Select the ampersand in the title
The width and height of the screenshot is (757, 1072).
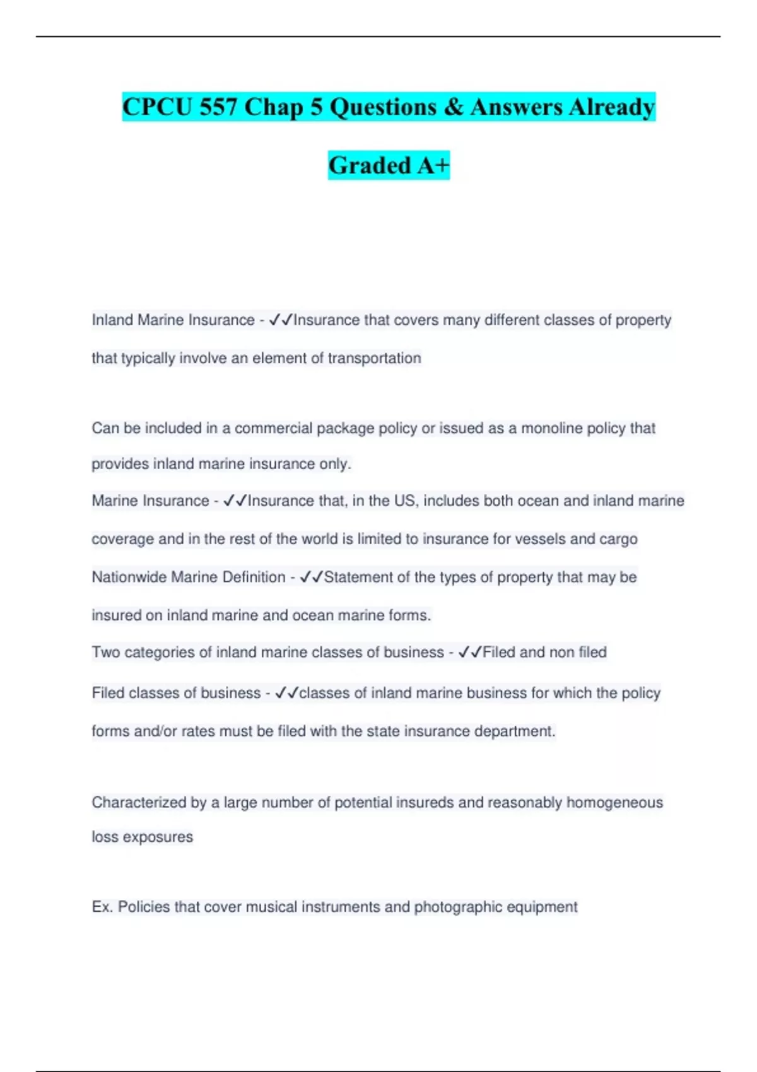pos(453,107)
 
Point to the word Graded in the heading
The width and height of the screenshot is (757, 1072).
pos(370,165)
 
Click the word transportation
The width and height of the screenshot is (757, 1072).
pos(374,358)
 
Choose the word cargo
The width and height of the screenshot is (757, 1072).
pos(619,539)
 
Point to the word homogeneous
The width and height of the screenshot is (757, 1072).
pos(614,802)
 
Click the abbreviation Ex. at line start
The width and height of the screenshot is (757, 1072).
pos(102,907)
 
